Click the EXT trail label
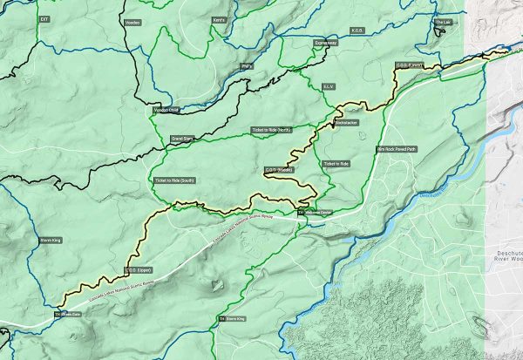pyautogui.click(x=44, y=18)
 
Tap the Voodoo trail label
pyautogui.click(x=132, y=21)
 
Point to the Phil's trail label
pyautogui.click(x=247, y=66)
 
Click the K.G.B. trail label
pyautogui.click(x=357, y=32)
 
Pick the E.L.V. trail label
pyautogui.click(x=329, y=86)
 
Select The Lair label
pyautogui.click(x=443, y=22)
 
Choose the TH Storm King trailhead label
pyautogui.click(x=234, y=319)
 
